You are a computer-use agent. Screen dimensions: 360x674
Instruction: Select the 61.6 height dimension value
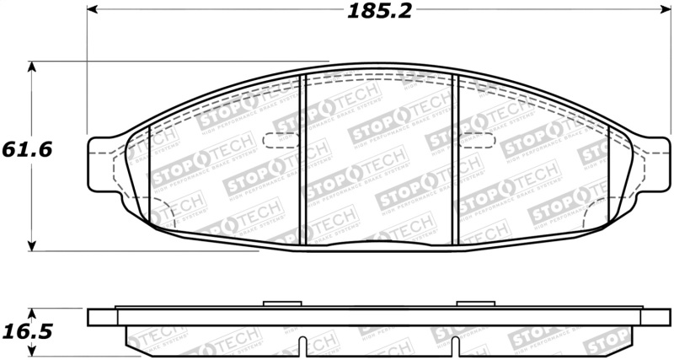[x=28, y=149]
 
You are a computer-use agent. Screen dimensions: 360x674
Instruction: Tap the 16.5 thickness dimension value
[x=28, y=331]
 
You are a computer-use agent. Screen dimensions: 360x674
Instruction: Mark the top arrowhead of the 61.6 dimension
[x=32, y=66]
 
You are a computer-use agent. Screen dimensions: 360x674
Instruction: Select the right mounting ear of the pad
[x=655, y=163]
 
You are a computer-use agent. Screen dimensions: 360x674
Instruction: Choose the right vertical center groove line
[x=455, y=160]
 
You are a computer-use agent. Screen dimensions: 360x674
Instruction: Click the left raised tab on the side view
[x=275, y=304]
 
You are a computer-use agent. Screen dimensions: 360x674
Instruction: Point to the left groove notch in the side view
[x=301, y=347]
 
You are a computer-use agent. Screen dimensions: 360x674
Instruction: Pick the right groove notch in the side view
[x=454, y=347]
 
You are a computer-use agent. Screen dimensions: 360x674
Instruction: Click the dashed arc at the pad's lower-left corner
[x=165, y=216]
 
